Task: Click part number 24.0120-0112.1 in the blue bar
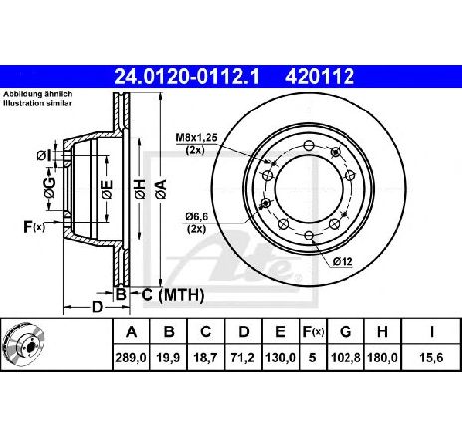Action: [x=186, y=77]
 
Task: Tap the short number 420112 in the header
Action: [x=320, y=77]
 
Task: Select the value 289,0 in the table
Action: [x=131, y=358]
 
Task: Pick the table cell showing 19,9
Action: [x=169, y=358]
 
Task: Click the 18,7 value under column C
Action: [x=206, y=358]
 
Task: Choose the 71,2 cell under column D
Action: [x=243, y=358]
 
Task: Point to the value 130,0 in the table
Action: [x=281, y=358]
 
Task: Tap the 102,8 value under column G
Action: [x=346, y=358]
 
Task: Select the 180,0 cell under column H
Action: [x=383, y=358]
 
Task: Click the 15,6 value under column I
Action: [x=431, y=358]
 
